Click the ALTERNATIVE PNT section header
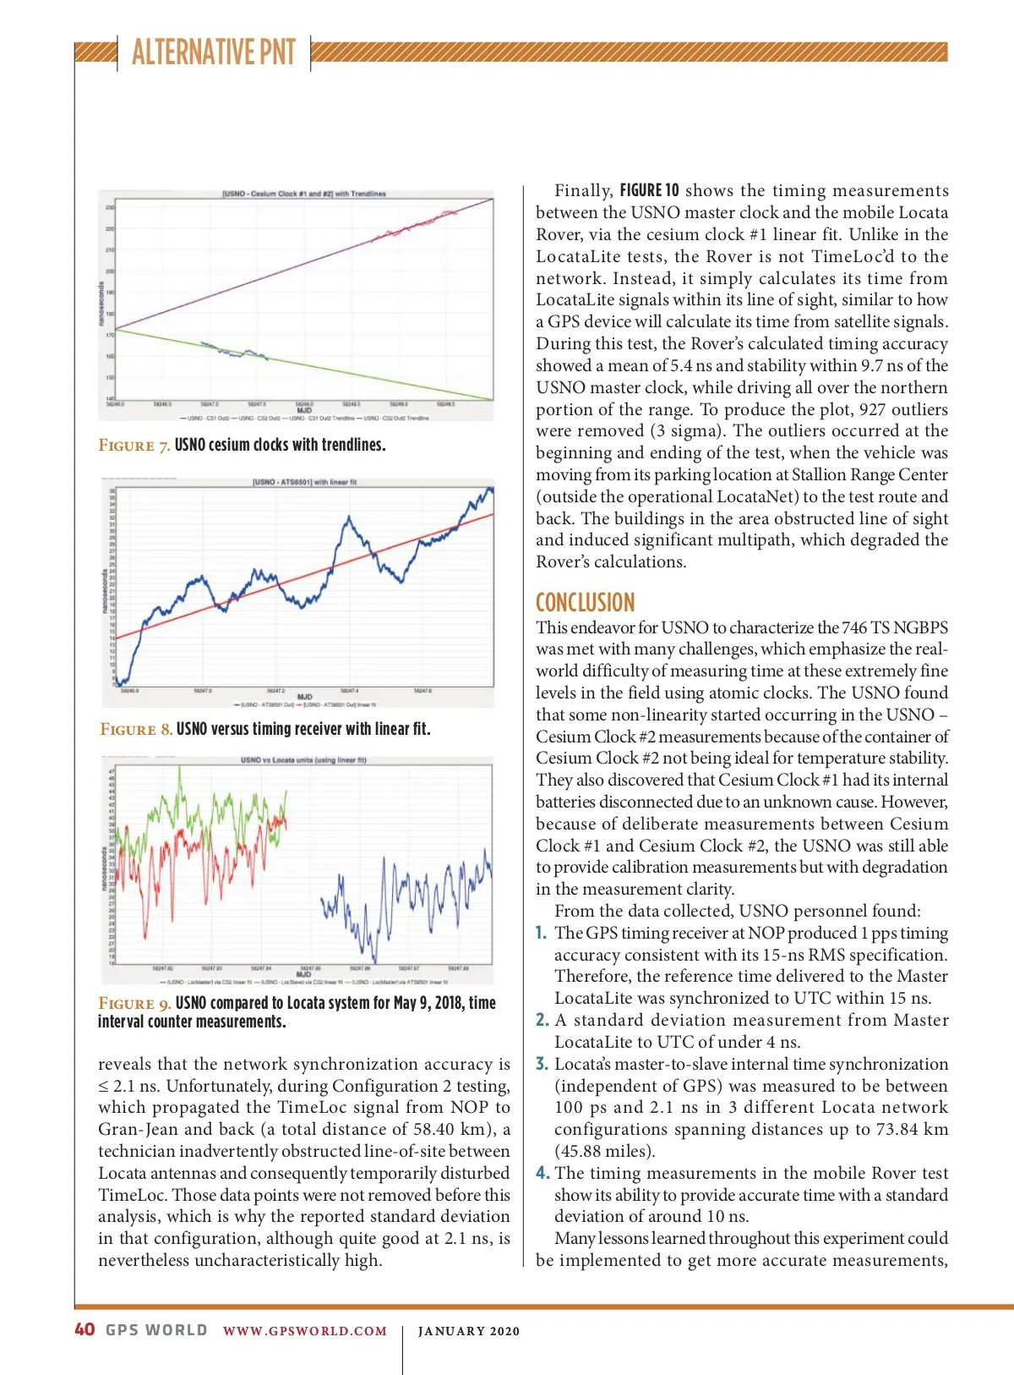(213, 52)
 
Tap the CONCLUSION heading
(585, 602)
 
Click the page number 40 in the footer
(84, 1329)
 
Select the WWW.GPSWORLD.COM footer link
(304, 1331)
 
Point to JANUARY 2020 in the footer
(469, 1331)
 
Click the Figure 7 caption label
(134, 446)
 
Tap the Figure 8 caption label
(136, 729)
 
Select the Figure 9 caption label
(135, 1003)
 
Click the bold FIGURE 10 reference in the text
(649, 190)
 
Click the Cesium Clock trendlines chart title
(304, 194)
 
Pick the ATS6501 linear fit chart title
(304, 482)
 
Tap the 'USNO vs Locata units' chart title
(303, 759)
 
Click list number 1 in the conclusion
(541, 933)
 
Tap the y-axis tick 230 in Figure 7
(110, 207)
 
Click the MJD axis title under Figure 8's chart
(304, 697)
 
